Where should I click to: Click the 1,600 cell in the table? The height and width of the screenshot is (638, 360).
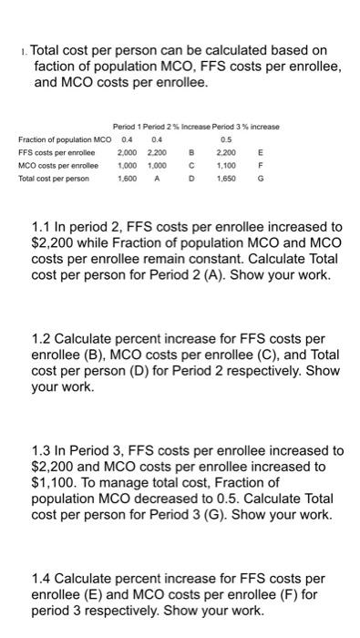(x=129, y=179)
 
